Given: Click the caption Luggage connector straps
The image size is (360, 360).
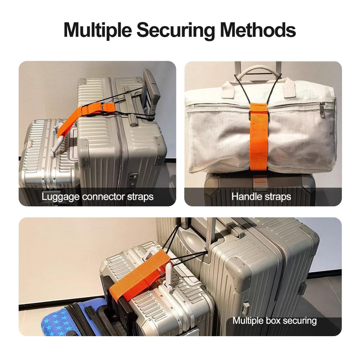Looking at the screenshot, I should (98, 197).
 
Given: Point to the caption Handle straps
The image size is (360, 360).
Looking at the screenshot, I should (261, 197).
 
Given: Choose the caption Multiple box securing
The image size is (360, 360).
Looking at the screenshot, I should (274, 321).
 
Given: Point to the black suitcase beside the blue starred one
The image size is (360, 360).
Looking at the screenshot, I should (118, 310).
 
